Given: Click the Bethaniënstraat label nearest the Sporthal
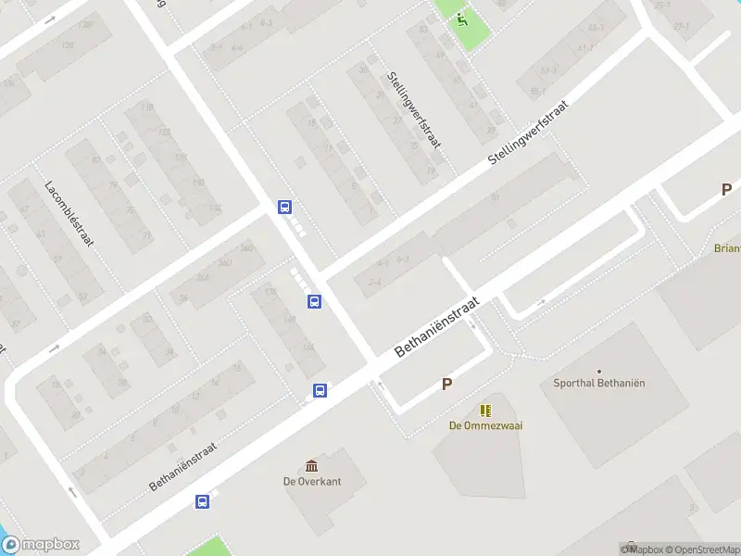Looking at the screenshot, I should click(x=436, y=327).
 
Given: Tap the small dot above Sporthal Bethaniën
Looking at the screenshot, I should click(x=599, y=372).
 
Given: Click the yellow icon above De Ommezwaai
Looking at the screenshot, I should click(x=484, y=410).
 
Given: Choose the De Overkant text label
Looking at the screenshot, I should click(x=312, y=481).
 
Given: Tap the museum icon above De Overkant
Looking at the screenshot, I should click(x=312, y=465).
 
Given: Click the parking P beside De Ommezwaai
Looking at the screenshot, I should click(x=446, y=385).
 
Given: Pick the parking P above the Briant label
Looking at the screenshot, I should click(x=726, y=189).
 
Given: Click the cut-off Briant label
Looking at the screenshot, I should click(x=727, y=248).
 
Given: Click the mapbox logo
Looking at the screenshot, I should click(x=41, y=545).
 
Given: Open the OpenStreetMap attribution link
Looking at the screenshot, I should click(x=700, y=550).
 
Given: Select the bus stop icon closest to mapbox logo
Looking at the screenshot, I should click(x=202, y=502).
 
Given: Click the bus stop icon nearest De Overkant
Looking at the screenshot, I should click(x=320, y=391).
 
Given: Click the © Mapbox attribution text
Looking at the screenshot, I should click(x=640, y=550).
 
